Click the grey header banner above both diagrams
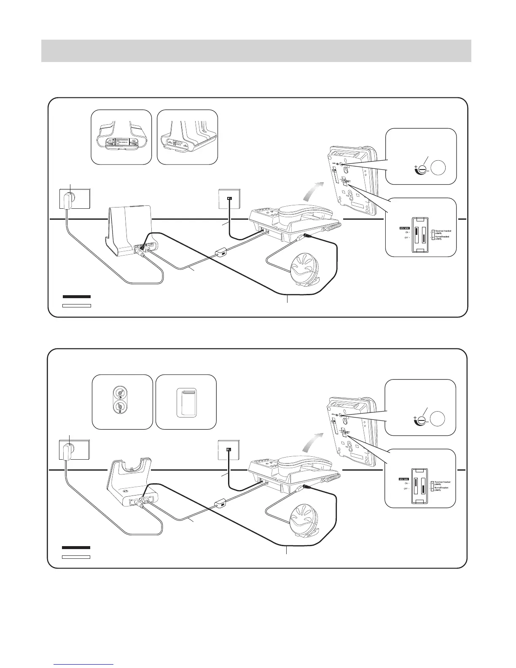coord(256,51)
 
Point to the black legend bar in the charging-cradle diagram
coord(76,547)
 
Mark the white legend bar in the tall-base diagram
coord(77,305)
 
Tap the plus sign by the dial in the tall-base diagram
coord(415,167)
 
